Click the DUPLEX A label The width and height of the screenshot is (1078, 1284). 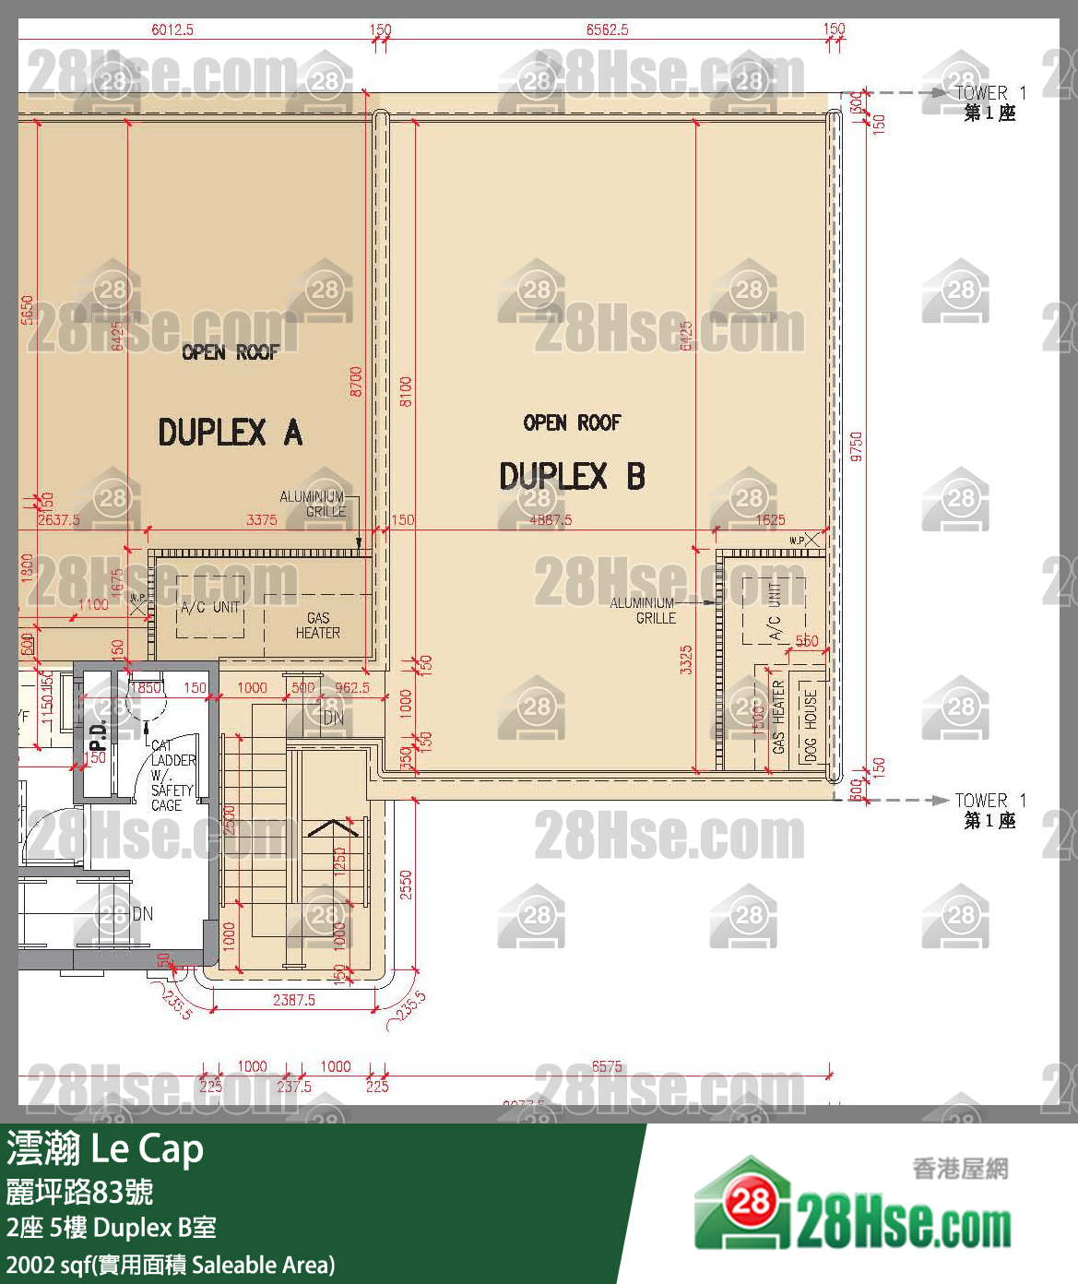[230, 432]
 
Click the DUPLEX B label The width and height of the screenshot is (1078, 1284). [572, 477]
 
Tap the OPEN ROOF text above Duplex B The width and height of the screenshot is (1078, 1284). [572, 422]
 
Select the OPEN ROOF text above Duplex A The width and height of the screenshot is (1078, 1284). [230, 352]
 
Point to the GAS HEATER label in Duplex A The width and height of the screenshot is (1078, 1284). [317, 625]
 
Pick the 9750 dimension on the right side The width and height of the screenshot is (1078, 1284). [856, 446]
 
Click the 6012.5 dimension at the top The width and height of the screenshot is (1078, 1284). [172, 30]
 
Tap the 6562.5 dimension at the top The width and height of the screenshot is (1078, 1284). [607, 30]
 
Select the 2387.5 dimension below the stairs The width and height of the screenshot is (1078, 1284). [293, 999]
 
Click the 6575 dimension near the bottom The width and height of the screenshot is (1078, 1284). [607, 1066]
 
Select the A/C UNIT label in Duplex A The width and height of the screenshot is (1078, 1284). [210, 607]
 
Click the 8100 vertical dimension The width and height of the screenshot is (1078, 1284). [406, 391]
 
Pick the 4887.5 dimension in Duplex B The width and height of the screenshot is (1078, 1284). [551, 519]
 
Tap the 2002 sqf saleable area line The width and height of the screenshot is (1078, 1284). [171, 1264]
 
